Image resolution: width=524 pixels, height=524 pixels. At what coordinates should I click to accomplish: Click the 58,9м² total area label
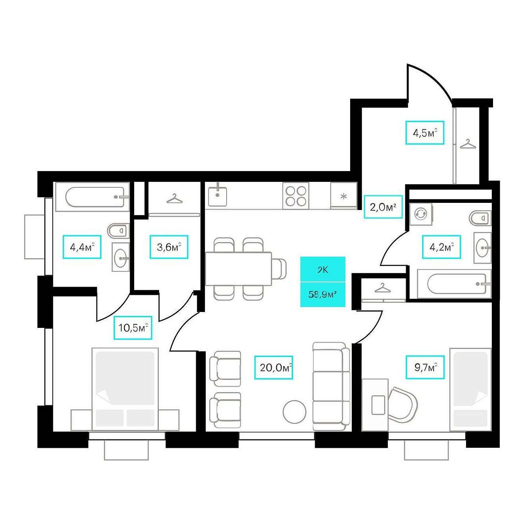click(x=322, y=295)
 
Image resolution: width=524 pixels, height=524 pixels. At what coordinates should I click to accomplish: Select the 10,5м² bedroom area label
click(x=133, y=327)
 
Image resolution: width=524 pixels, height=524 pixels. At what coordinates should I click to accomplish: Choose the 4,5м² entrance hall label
click(x=425, y=133)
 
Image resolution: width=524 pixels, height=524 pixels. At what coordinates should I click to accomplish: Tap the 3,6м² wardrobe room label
click(x=169, y=247)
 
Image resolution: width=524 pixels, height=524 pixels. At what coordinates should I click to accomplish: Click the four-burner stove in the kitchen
click(x=296, y=196)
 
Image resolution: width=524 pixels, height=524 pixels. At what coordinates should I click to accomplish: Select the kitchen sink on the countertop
click(x=218, y=196)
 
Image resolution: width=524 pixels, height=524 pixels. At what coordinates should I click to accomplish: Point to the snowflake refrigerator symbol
click(x=344, y=196)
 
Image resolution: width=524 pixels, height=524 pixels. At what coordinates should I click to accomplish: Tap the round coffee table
click(x=295, y=411)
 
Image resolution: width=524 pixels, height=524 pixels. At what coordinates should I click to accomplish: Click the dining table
click(x=239, y=269)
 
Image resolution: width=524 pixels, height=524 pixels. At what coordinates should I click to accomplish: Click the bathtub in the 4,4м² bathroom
click(x=92, y=197)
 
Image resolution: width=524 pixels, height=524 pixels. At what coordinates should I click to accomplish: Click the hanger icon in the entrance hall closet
click(x=468, y=144)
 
